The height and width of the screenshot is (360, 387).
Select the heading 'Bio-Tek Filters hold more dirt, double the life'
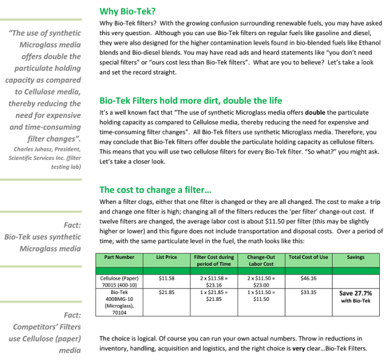(x=190, y=100)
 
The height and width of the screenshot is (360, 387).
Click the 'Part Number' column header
(x=119, y=257)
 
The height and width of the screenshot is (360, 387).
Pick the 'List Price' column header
(x=166, y=257)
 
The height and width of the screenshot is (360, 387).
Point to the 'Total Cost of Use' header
(x=308, y=257)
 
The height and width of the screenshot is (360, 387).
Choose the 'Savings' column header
(x=355, y=257)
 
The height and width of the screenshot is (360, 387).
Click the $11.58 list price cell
(x=166, y=278)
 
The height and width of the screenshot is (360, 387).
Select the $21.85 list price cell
(x=166, y=292)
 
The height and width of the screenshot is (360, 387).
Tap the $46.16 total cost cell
(x=308, y=278)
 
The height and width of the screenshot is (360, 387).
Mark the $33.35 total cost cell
(x=308, y=292)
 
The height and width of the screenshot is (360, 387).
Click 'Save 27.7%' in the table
(x=355, y=293)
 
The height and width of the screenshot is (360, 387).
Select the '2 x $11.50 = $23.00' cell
(x=261, y=281)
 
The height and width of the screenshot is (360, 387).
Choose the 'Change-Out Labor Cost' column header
(x=261, y=260)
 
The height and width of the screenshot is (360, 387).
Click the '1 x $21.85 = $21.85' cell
(x=213, y=295)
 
